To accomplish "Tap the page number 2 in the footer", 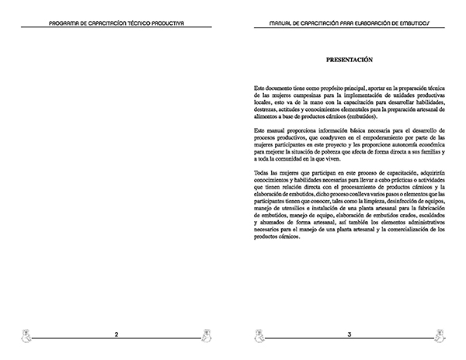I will [116, 334].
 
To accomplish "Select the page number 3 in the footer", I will [349, 334].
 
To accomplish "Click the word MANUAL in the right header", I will [281, 24].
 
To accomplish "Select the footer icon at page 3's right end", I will [440, 335].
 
